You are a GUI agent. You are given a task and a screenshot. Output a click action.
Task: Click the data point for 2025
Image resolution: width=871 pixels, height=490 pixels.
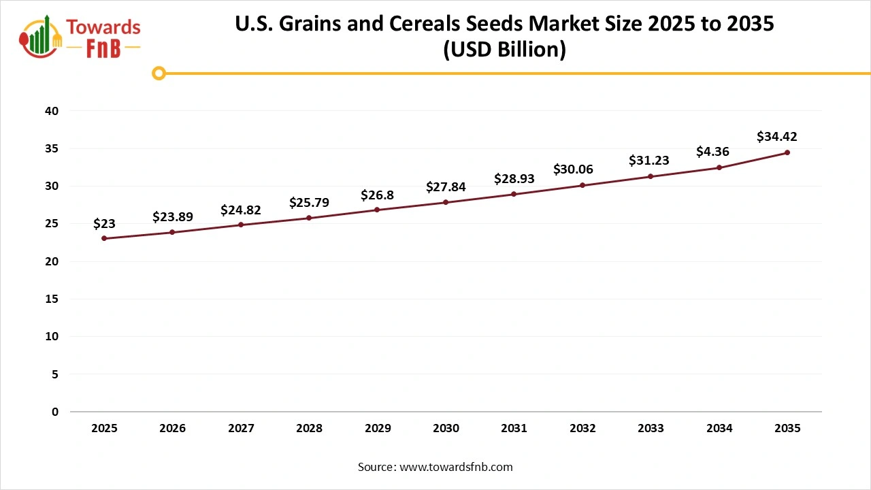click(104, 238)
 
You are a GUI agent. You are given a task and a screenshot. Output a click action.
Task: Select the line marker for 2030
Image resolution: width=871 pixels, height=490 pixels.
click(446, 202)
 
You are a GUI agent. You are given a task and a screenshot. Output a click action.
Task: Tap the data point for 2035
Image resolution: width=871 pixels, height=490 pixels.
click(787, 152)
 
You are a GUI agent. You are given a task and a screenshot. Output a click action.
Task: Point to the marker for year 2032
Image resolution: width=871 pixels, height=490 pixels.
click(582, 185)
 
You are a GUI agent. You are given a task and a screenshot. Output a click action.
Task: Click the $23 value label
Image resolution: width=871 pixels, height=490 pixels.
click(104, 223)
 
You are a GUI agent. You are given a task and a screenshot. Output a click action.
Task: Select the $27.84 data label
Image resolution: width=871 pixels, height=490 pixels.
click(446, 186)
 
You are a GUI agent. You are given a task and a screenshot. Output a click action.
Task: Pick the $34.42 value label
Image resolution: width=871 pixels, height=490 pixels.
click(777, 137)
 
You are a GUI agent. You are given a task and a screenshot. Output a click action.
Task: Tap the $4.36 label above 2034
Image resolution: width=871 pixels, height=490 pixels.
click(712, 152)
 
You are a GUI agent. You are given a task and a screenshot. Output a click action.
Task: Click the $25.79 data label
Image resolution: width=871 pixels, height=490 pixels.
click(309, 202)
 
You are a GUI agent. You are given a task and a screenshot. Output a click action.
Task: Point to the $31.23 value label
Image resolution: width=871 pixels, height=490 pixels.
click(648, 161)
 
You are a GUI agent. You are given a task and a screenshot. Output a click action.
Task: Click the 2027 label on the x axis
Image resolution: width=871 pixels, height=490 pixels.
click(241, 429)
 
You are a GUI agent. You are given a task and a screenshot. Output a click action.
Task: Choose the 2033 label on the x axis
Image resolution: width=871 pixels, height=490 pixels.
click(651, 429)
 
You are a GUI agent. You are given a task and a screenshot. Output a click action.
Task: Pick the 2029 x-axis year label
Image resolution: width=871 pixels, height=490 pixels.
click(378, 429)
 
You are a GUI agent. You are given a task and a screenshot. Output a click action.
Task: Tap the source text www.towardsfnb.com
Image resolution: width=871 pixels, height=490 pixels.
click(456, 467)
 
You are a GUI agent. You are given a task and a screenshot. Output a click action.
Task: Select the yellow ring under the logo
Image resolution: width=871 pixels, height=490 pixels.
click(159, 73)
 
